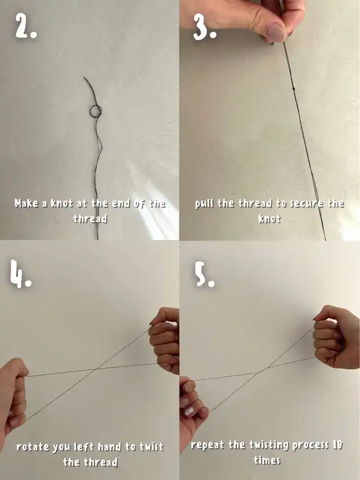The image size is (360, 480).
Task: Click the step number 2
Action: click(x=26, y=26)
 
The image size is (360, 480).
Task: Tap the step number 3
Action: click(x=205, y=27)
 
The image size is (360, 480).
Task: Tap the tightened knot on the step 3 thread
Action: click(x=294, y=89)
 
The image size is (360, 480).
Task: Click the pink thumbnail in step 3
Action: click(x=276, y=33)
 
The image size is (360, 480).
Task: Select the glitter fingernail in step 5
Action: click(x=190, y=411)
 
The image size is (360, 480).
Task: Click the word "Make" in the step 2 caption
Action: click(x=27, y=203)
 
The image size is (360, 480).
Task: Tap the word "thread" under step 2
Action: click(x=90, y=218)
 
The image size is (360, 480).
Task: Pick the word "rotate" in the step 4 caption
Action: click(x=33, y=447)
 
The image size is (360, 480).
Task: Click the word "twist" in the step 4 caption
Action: click(x=151, y=447)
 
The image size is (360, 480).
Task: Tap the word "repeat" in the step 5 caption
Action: click(x=208, y=445)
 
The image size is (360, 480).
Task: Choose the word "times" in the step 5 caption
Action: click(x=267, y=460)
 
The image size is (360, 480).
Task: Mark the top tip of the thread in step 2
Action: click(x=84, y=78)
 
